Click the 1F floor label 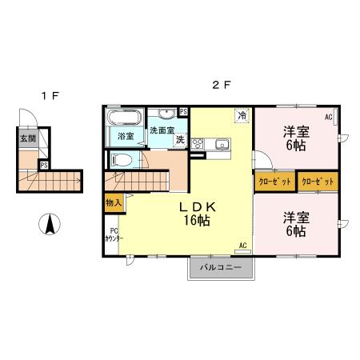point(50,96)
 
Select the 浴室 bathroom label point(126,136)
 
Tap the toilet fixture point(121,160)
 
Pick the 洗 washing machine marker point(180,140)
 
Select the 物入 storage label point(113,204)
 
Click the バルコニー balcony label point(221,267)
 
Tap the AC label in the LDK point(242,246)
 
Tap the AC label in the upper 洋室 point(328,118)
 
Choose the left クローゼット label point(274,182)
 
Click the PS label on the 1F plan point(43,166)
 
